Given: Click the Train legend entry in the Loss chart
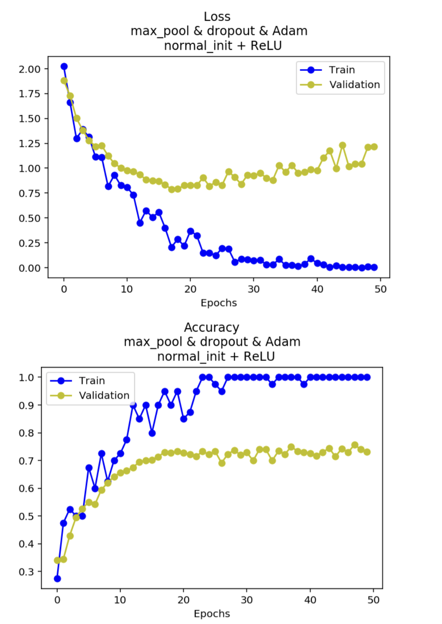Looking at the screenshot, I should (x=342, y=70).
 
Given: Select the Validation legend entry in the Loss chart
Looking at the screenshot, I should (x=354, y=85).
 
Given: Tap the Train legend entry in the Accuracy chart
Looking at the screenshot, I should (x=92, y=381).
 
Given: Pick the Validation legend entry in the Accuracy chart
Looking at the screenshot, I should (x=104, y=395).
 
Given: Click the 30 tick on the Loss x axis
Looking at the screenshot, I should (x=254, y=289).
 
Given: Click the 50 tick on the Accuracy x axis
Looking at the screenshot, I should (x=373, y=600).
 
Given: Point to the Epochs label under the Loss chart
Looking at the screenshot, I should (x=218, y=303).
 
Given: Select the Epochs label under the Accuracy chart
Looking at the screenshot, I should (x=212, y=614).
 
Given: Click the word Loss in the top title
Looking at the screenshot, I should (x=217, y=17).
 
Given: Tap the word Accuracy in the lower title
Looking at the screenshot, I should (x=212, y=327).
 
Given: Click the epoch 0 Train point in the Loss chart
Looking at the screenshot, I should (x=64, y=67).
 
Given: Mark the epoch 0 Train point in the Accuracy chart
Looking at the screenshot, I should (x=57, y=578).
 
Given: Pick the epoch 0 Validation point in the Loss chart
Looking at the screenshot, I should (x=64, y=81).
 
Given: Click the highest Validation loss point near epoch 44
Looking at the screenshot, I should (x=343, y=146).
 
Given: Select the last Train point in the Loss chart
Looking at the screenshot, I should (x=374, y=267).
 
